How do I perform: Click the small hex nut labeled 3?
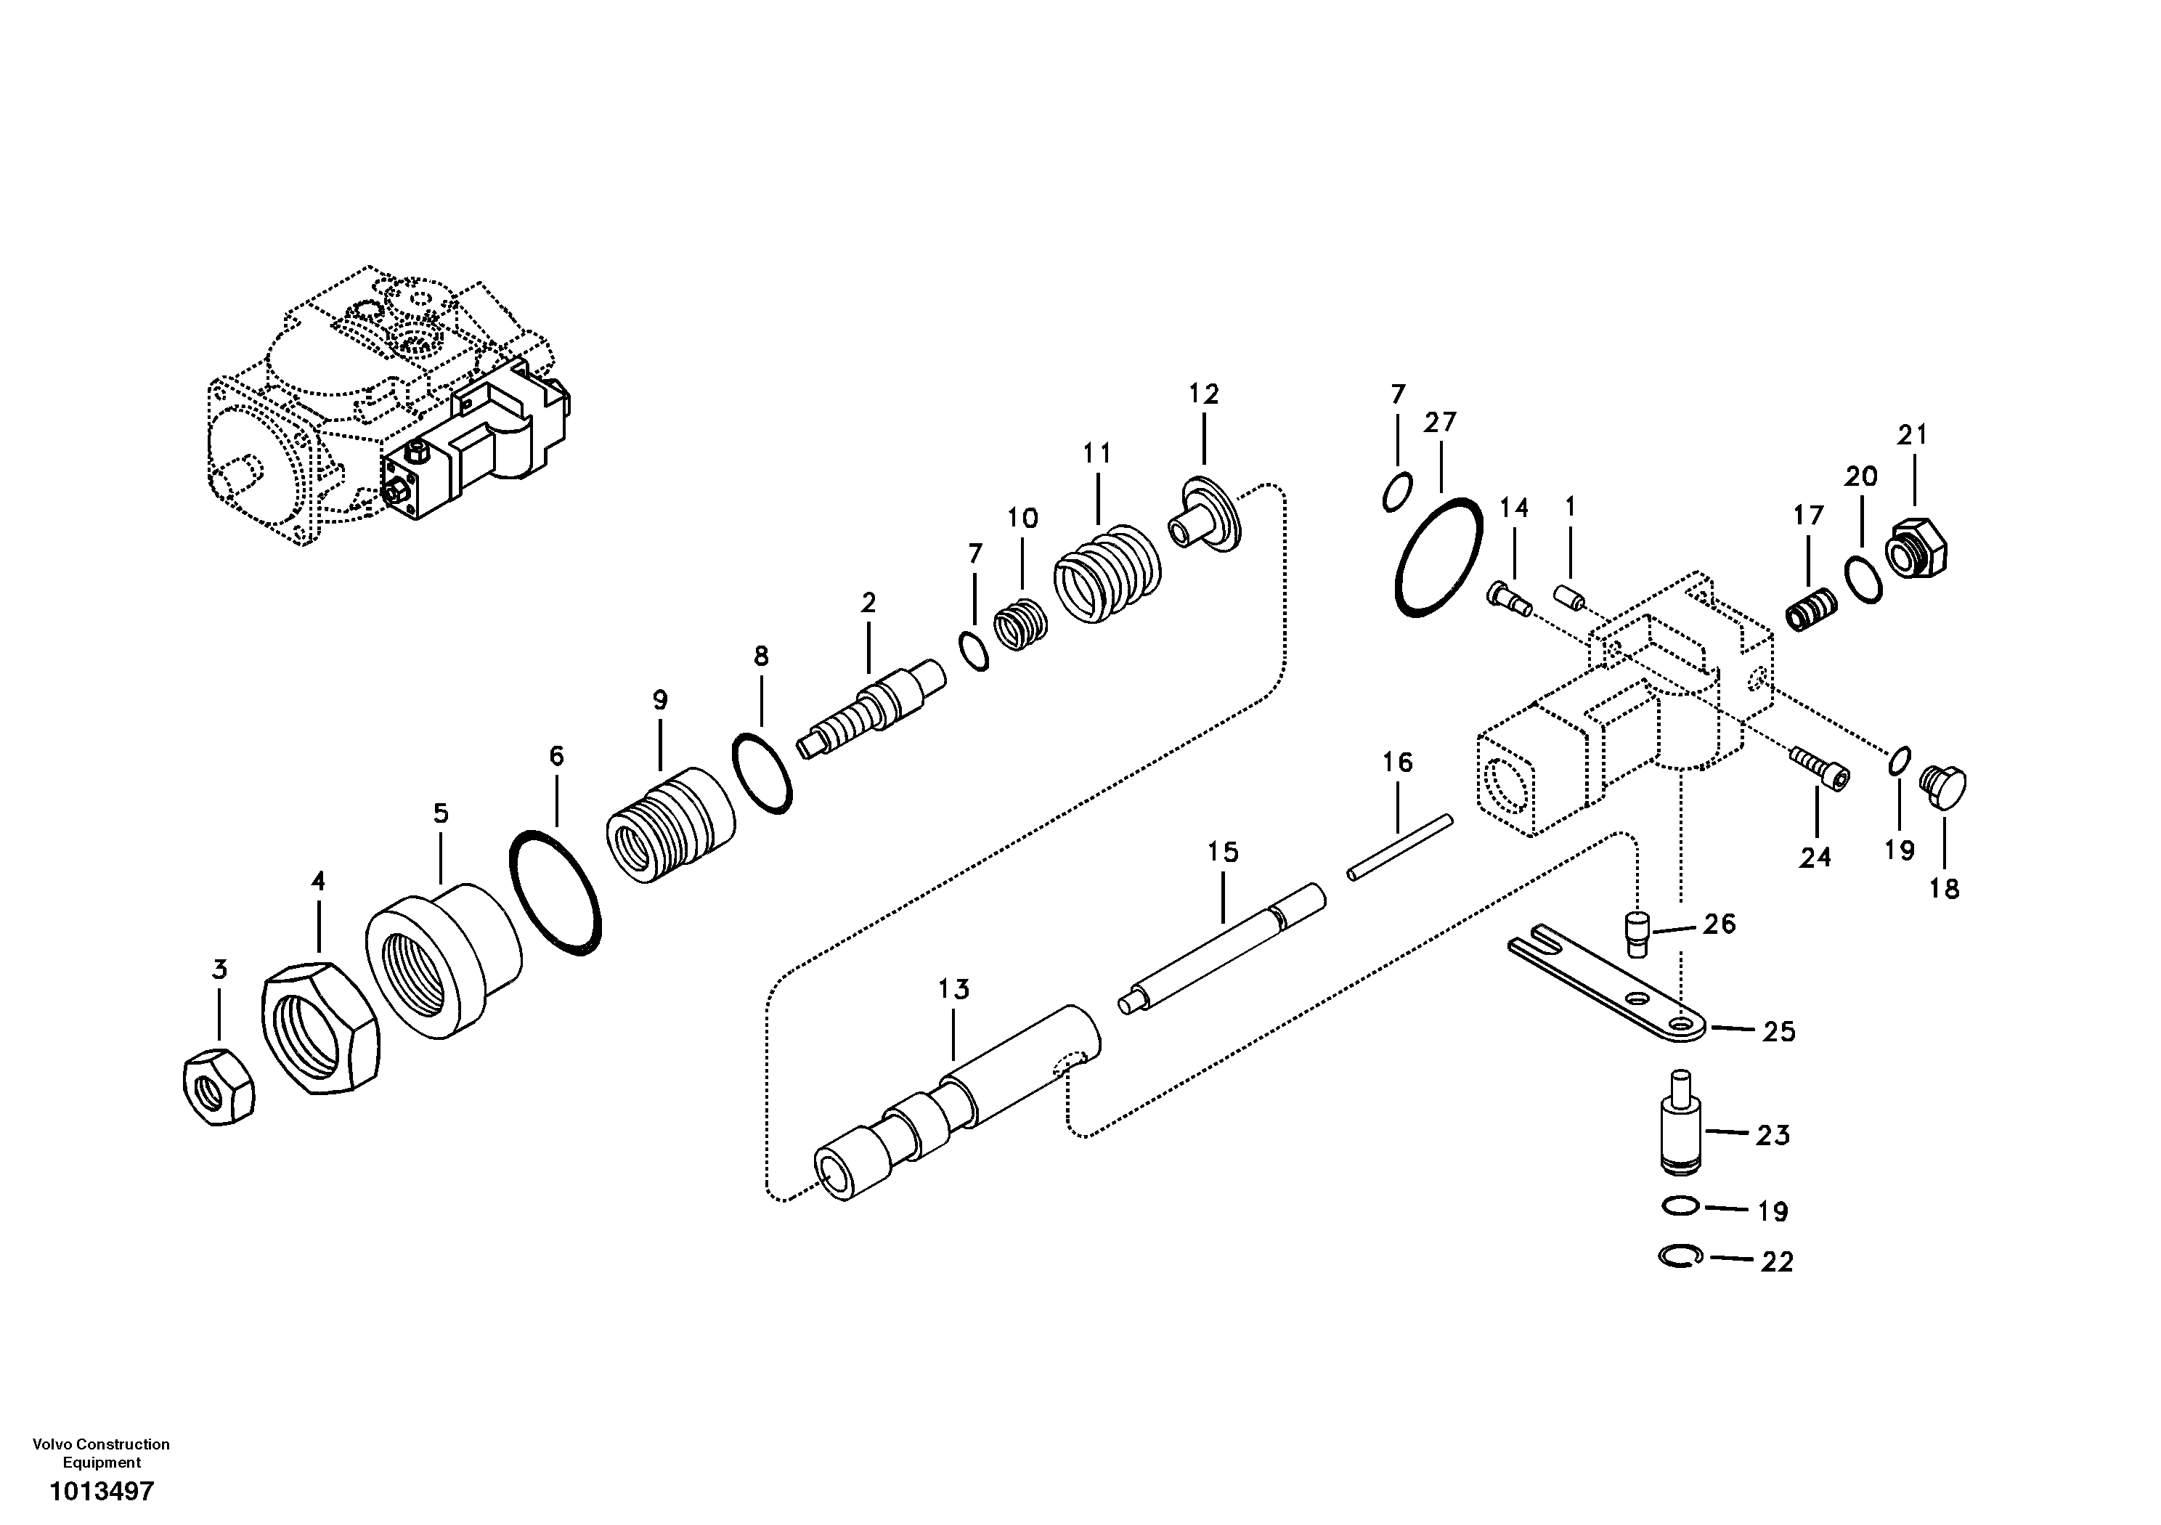pos(217,1086)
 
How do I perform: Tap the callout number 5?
pos(441,813)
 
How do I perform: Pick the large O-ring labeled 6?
pos(554,892)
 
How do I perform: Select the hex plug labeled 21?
pos(1917,548)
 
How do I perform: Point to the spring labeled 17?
pos(1811,609)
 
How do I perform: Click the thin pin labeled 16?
pos(1399,847)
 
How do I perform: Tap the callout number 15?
pos(1223,853)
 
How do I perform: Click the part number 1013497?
pos(102,1492)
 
